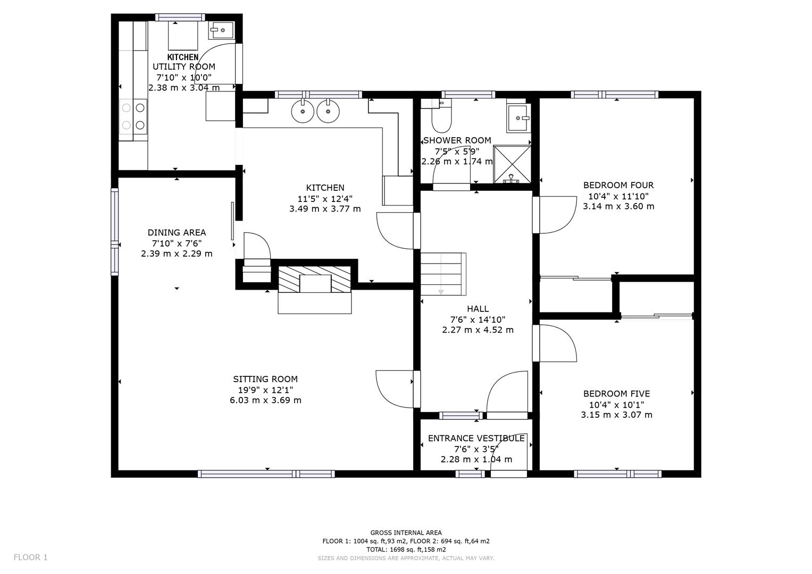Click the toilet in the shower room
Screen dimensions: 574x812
click(x=441, y=120)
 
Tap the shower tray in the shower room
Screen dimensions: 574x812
click(x=512, y=164)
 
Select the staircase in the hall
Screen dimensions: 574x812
click(x=443, y=274)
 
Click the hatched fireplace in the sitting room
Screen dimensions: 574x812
click(x=314, y=280)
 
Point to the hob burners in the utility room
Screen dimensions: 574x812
click(x=133, y=116)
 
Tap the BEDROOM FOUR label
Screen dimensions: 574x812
click(x=618, y=185)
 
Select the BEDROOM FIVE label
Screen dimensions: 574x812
click(x=616, y=393)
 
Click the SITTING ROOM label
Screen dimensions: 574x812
click(x=265, y=379)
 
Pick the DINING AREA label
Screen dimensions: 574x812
click(x=177, y=232)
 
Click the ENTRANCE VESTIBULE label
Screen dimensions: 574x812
click(x=476, y=438)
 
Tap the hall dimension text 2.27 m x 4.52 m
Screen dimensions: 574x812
click(x=478, y=330)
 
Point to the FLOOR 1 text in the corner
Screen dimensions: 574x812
click(x=30, y=557)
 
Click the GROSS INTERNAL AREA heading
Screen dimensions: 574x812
click(x=406, y=533)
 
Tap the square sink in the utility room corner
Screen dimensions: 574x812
click(x=220, y=30)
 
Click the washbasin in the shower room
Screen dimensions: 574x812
click(x=518, y=117)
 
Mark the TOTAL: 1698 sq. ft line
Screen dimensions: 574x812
click(x=406, y=550)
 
